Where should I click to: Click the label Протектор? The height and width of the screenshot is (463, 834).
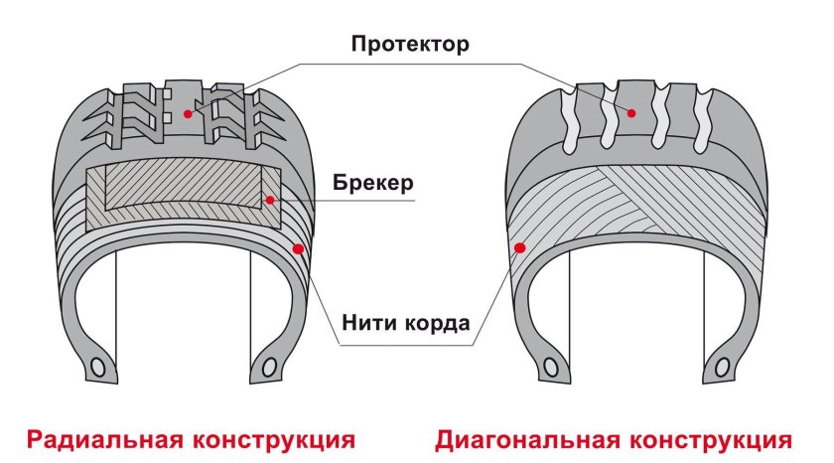coord(408,46)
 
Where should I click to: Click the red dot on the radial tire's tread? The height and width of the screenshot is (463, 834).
coord(187,113)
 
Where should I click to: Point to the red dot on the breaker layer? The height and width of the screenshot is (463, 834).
coord(269,200)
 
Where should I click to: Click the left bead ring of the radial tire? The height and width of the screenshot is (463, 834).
coord(98,366)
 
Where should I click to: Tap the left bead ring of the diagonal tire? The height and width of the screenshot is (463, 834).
coord(549,367)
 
